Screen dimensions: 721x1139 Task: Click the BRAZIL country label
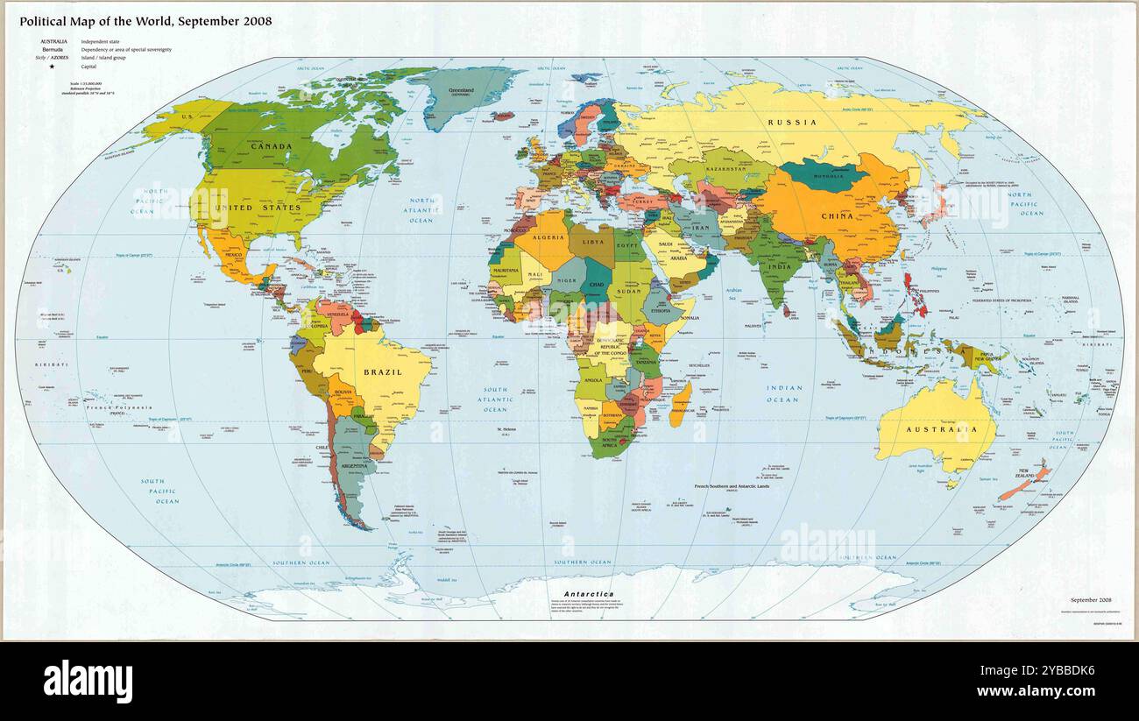click(383, 372)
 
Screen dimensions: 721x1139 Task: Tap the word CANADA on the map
click(272, 146)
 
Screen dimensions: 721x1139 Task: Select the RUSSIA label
click(792, 123)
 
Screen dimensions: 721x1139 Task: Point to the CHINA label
click(837, 216)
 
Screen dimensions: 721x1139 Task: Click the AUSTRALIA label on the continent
click(941, 429)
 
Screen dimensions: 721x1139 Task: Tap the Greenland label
click(461, 90)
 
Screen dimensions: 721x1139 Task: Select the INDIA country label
click(779, 266)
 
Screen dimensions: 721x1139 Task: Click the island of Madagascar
click(681, 404)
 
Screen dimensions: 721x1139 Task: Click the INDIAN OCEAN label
click(783, 393)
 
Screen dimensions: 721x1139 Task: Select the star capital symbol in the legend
click(52, 67)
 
